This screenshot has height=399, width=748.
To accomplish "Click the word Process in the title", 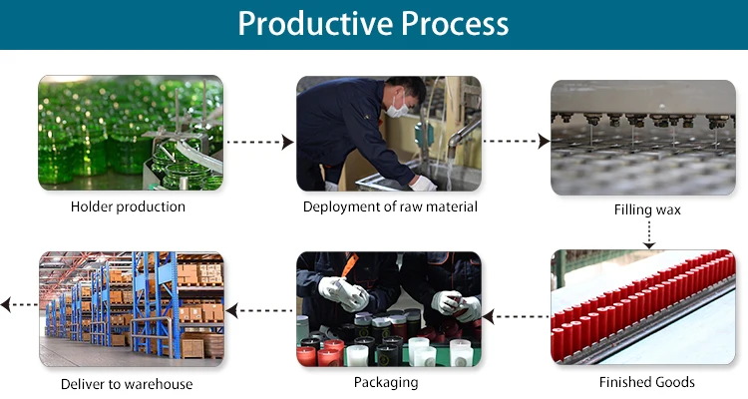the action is pos(455,23).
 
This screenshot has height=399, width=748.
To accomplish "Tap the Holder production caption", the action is pos(128,207).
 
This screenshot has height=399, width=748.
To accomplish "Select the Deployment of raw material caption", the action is pos(390,206).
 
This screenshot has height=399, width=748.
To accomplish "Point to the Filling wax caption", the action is pos(647,210).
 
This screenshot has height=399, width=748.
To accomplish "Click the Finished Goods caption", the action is pos(647,382).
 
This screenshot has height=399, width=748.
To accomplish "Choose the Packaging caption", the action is pos(386,382).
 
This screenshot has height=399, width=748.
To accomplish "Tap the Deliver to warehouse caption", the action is pos(127,384).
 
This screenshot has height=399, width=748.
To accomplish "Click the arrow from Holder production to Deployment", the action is pos(260,142).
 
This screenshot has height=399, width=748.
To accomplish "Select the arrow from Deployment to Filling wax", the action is pos(517,142).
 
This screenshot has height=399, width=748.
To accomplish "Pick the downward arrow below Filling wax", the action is pos(649,234).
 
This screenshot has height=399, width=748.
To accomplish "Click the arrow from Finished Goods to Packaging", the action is pos(516,316).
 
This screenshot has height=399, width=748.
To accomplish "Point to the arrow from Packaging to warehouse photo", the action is pos(259,310).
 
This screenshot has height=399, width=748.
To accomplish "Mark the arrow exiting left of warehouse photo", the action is pos(19,304).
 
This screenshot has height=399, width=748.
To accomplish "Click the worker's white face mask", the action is pos(398,108).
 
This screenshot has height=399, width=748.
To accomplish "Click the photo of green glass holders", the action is pos(131,133).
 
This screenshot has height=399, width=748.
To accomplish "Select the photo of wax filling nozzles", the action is pos(643,138).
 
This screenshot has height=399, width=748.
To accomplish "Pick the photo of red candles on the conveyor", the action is pos(643,307).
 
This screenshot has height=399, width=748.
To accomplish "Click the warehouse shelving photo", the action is pos(132,309).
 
